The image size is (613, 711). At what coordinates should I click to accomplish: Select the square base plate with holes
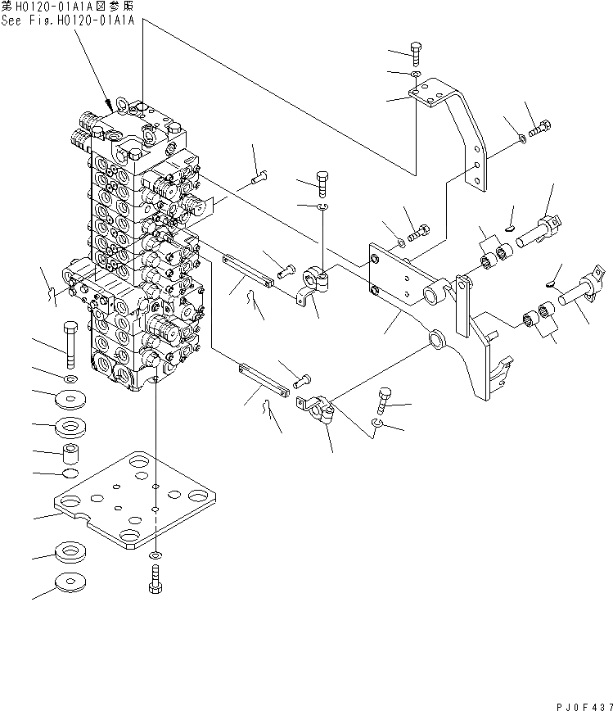point(137,499)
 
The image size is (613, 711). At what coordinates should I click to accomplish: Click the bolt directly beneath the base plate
point(156,578)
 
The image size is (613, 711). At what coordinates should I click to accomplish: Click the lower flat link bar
point(263,380)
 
